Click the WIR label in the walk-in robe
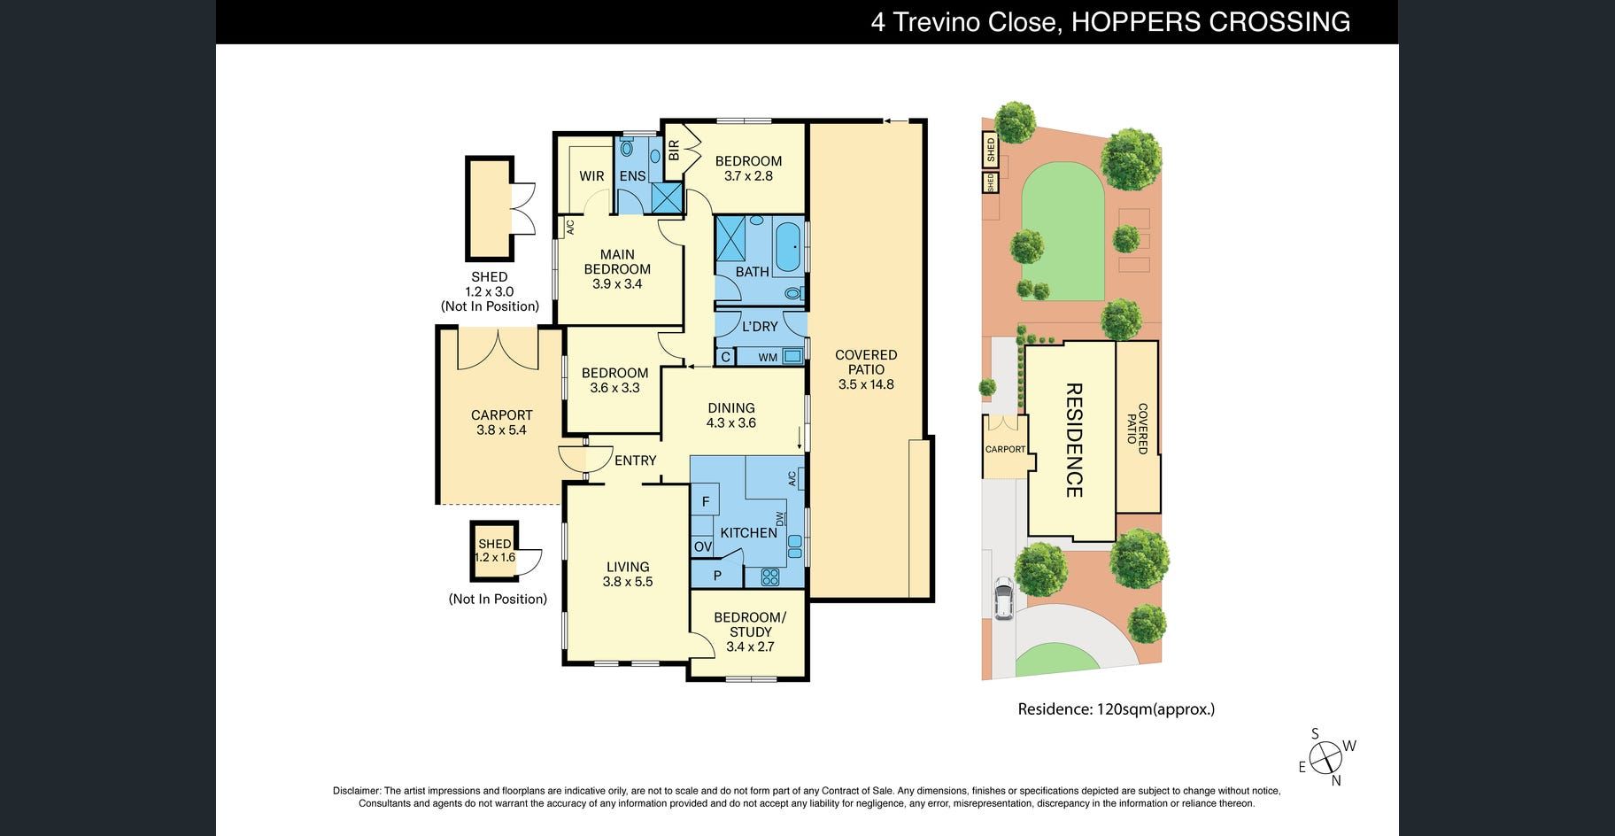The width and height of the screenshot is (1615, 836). point(591,176)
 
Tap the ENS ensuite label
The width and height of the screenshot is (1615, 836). point(632,176)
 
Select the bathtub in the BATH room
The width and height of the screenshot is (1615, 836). point(787,248)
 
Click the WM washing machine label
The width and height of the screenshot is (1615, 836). point(768,358)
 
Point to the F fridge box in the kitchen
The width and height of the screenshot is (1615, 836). point(706,502)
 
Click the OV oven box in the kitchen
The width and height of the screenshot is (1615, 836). point(703,547)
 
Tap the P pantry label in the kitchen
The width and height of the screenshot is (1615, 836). point(717,576)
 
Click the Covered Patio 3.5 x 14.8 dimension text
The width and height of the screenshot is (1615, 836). point(866,384)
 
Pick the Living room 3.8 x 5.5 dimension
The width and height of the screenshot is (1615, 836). point(628,582)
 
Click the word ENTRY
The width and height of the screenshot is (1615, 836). point(636,461)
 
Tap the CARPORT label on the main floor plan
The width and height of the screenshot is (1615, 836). point(502,415)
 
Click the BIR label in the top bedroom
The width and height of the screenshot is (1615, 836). point(674,150)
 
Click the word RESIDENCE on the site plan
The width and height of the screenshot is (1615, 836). point(1073,439)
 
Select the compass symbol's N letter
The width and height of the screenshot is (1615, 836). point(1336,780)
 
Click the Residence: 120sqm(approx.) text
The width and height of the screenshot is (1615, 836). point(1117,709)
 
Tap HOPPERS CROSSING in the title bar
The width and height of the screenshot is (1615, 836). point(1211,22)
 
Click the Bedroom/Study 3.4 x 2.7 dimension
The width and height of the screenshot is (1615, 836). point(750,646)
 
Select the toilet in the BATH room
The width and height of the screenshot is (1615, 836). point(792,292)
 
